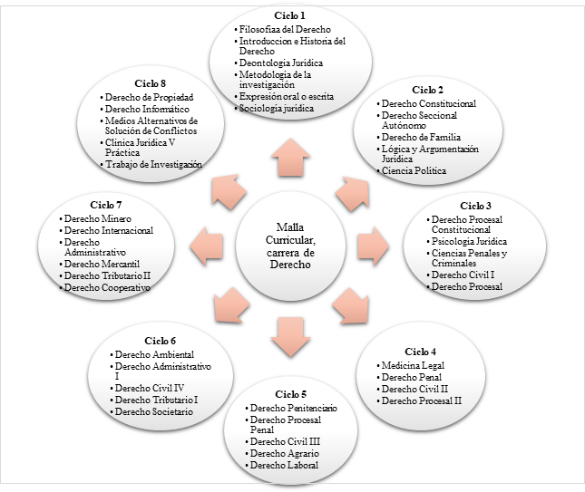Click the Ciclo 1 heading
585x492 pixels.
[291, 14]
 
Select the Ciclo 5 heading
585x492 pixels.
[291, 393]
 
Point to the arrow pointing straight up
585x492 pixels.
[292, 156]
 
